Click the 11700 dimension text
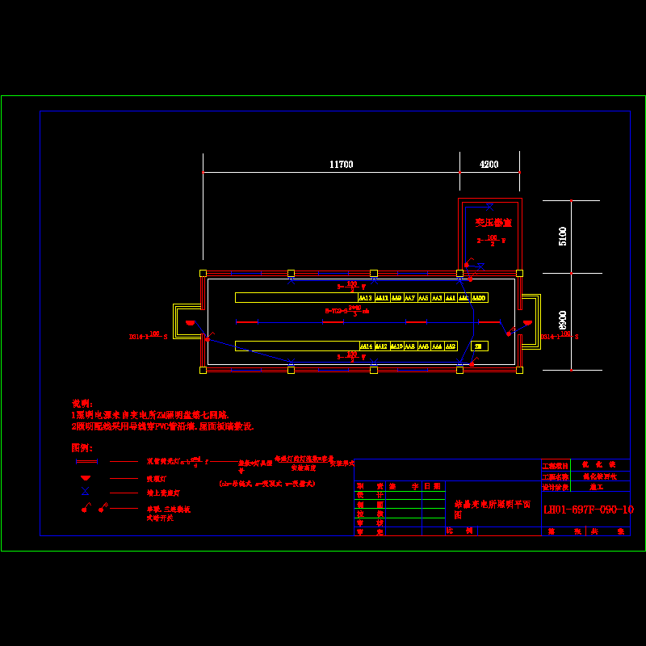[x=341, y=165]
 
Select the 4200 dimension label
[x=489, y=165]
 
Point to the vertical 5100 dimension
[x=563, y=236]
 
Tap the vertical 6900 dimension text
[x=563, y=321]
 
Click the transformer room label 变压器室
[x=493, y=222]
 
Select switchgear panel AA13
[x=366, y=298]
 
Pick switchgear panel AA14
[x=366, y=346]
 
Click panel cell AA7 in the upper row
[x=409, y=298]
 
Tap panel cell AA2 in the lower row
[x=451, y=346]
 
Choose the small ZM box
[x=480, y=346]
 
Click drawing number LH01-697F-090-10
[x=588, y=510]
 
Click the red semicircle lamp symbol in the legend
[x=86, y=478]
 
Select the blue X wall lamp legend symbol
[x=86, y=492]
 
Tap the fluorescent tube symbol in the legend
[x=86, y=462]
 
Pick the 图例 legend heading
[x=82, y=447]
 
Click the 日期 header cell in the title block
[x=433, y=486]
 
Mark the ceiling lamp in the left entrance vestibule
[x=191, y=323]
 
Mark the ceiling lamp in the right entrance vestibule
[x=526, y=323]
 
